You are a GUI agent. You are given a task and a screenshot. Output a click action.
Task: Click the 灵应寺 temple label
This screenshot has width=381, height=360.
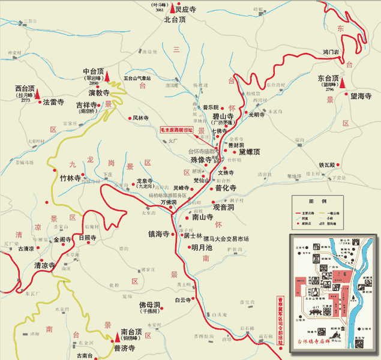[x=186, y=9]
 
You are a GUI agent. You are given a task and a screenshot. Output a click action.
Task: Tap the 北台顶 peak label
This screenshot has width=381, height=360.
[x=176, y=19]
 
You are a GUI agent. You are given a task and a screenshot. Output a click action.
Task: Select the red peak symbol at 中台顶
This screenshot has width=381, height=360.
[x=108, y=76]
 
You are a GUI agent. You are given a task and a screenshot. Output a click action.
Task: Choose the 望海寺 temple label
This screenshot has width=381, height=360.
[x=361, y=96]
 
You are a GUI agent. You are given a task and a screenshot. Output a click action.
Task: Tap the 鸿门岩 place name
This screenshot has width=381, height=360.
[x=331, y=52]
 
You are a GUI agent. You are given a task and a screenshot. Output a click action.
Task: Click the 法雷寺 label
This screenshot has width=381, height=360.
[x=54, y=103]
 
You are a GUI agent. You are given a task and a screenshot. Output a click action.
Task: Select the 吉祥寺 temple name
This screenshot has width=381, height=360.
[x=88, y=105]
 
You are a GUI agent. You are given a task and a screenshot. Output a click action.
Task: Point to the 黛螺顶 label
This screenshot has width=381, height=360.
[x=250, y=152]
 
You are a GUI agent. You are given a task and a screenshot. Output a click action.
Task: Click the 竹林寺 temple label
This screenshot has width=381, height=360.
[x=70, y=178]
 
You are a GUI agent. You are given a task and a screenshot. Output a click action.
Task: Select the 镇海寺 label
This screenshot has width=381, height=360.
[x=159, y=234]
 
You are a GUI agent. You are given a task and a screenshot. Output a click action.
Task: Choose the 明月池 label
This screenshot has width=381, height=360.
[x=202, y=247]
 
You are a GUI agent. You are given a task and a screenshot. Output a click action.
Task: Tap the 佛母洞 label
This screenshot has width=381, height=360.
[x=149, y=305]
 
